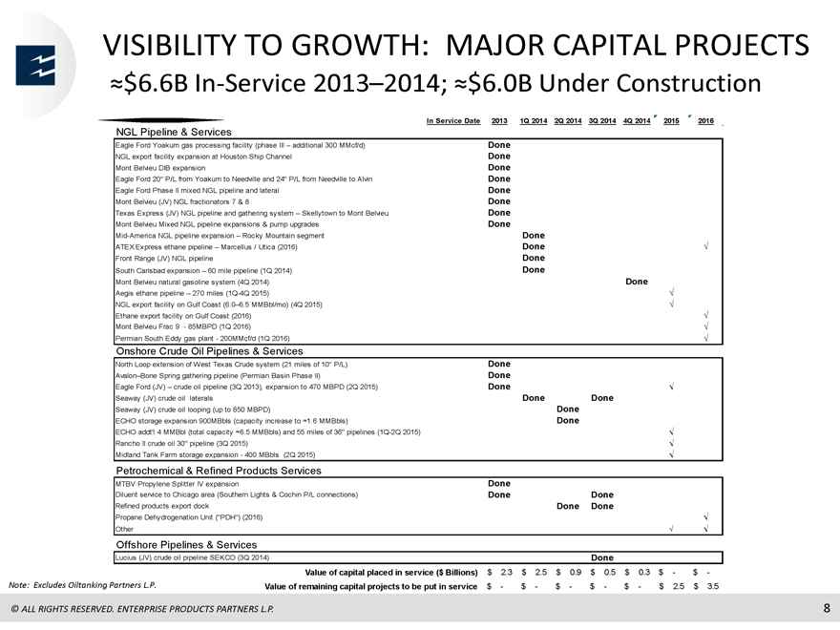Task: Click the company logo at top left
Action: pos(35,65)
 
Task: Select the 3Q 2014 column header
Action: pos(602,121)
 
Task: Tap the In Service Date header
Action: pos(453,121)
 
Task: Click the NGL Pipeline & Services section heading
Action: pos(174,132)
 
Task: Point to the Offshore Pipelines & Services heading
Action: pos(186,545)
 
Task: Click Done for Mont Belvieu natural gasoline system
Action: pos(637,282)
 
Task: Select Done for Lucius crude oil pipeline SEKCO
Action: pos(602,557)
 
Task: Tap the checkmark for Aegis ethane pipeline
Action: pos(672,292)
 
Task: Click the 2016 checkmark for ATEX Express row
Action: pos(706,246)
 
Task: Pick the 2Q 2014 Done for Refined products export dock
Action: pos(568,506)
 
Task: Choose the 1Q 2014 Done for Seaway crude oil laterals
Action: pos(534,397)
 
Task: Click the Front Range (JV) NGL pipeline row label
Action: pos(164,259)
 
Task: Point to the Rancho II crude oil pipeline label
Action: pos(181,444)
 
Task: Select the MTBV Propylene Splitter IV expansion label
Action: pos(177,484)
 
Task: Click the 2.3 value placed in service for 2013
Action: pos(506,572)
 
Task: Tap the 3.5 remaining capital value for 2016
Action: pos(712,586)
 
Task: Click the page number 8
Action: pos(827,608)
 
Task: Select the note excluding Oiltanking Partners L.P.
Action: pos(82,585)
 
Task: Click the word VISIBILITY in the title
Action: pos(169,45)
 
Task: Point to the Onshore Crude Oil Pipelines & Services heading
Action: pos(209,351)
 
